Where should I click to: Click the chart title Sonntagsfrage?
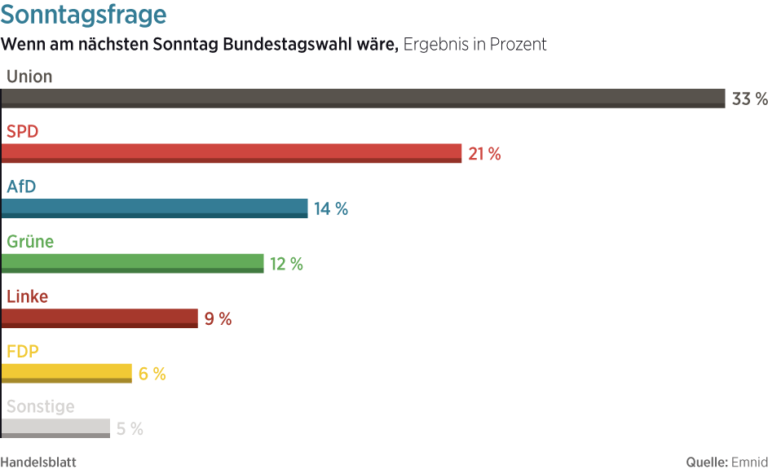point(84,15)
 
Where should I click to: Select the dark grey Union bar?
point(363,99)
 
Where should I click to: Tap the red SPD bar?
point(232,153)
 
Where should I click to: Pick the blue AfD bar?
point(154,208)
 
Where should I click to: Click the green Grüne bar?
point(132,263)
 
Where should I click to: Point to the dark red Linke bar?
point(99,318)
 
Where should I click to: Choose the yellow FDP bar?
point(66,373)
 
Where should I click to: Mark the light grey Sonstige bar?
point(55,428)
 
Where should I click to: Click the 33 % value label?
point(749,99)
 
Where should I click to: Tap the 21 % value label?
point(484,154)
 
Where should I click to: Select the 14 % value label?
point(331,209)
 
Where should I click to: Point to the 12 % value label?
point(286,264)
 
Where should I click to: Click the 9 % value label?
point(218,319)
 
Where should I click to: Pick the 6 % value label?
point(152,374)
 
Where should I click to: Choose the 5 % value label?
point(130,429)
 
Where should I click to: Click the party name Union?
point(29,77)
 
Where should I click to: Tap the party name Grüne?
point(30,242)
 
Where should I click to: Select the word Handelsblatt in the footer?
point(38,462)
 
